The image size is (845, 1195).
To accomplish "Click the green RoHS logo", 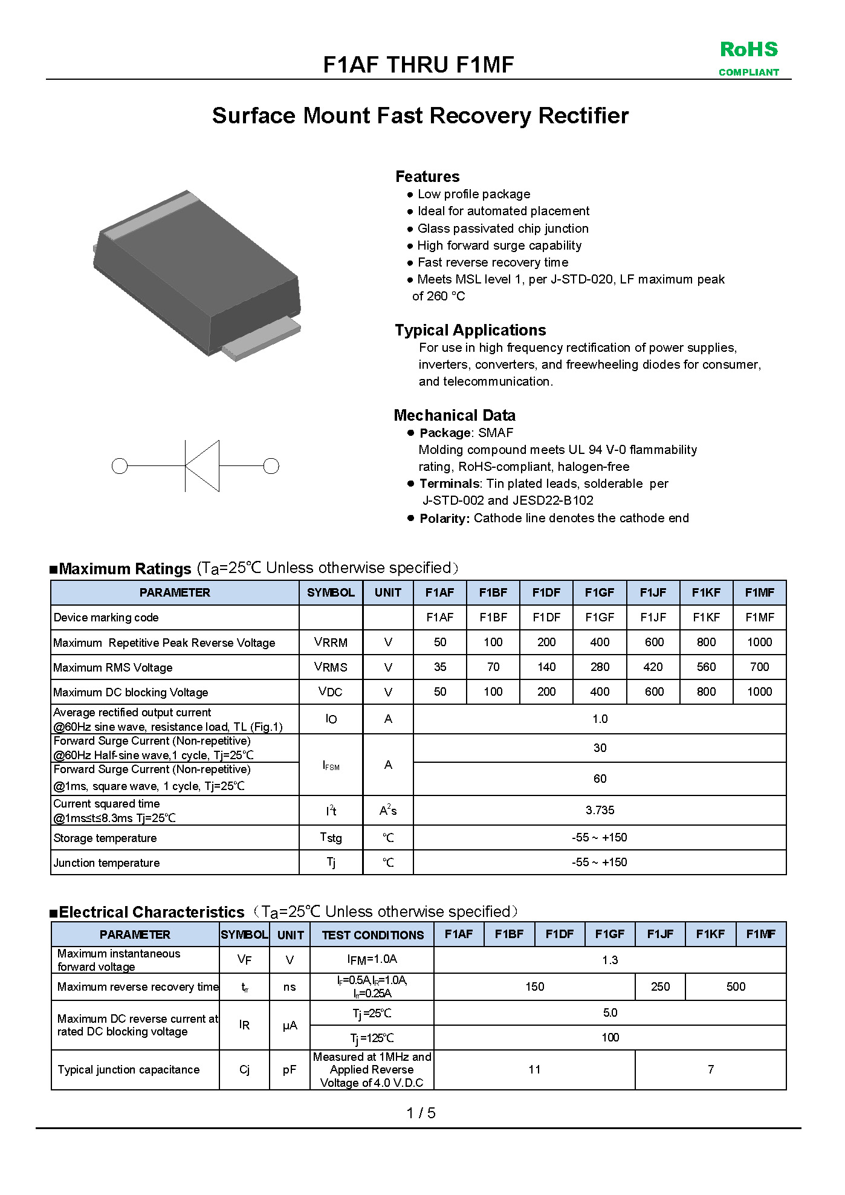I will click(x=748, y=57).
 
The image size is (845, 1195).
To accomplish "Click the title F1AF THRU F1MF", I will click(x=418, y=65).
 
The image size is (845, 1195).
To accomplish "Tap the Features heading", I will click(x=427, y=176).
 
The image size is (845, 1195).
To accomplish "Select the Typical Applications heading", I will click(x=470, y=330).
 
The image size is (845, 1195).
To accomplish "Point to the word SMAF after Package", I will click(x=496, y=433).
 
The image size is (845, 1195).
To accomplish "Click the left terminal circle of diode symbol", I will click(x=120, y=466).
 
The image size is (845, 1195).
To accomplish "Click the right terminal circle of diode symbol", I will click(x=271, y=466).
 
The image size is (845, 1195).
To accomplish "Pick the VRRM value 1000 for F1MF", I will click(x=759, y=642).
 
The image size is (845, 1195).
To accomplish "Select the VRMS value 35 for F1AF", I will click(x=440, y=667).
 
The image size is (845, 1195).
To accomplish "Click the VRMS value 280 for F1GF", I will click(x=600, y=667).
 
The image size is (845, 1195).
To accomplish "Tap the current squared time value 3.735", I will click(x=600, y=810).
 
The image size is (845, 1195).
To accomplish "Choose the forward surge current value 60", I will click(x=600, y=779).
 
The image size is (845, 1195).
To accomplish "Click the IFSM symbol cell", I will click(x=331, y=765).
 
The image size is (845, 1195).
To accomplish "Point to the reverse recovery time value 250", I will click(x=660, y=986).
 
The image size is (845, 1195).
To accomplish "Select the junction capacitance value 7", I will click(x=711, y=1069).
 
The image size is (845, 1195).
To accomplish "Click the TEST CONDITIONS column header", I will click(x=372, y=934).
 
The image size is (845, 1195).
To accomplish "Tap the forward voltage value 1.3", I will click(x=610, y=960).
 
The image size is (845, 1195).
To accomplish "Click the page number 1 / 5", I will click(x=421, y=1113).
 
